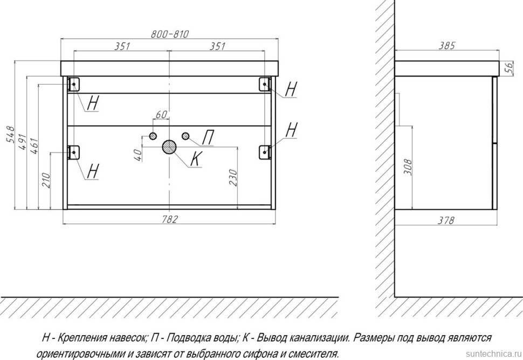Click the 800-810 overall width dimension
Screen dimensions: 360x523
(169, 34)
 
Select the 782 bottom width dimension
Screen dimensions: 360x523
(169, 218)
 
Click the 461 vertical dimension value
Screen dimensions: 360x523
(33, 147)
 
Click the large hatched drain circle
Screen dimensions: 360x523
(169, 147)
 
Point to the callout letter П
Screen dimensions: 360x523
(208, 139)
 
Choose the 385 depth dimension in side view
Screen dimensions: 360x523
(447, 46)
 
